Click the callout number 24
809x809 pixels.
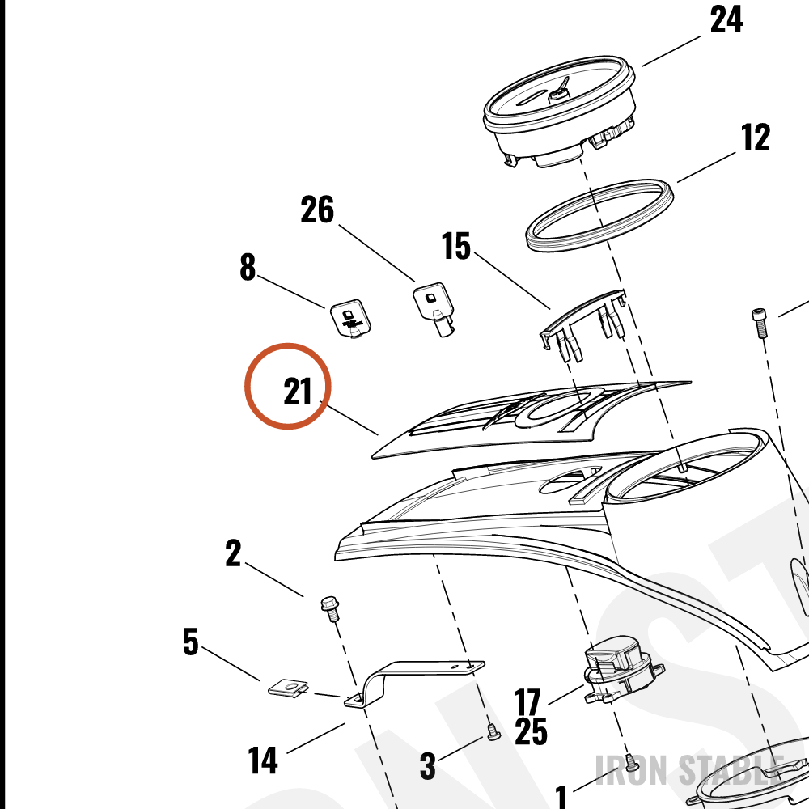726,19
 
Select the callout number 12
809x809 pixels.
756,138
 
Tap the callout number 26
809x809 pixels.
317,210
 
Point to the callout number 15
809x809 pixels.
456,246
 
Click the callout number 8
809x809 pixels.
248,267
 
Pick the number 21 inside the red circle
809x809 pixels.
298,392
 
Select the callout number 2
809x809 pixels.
233,553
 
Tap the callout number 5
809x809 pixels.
191,642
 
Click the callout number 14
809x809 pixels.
263,760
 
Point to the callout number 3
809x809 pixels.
428,765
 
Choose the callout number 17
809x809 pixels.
527,702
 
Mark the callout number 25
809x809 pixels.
531,731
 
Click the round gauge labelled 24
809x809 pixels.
560,110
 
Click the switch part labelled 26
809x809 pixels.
434,308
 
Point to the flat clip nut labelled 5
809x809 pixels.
289,687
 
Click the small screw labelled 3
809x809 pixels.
493,731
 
